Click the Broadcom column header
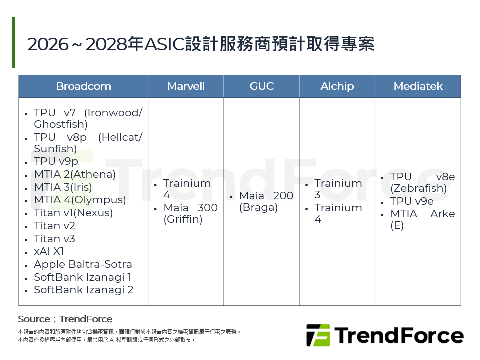(x=83, y=86)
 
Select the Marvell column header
(x=186, y=86)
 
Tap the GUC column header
(x=261, y=86)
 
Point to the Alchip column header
(x=337, y=86)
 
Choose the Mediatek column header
(x=418, y=86)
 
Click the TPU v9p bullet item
(x=56, y=161)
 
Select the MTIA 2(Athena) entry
(x=75, y=174)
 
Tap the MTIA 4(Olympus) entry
(x=80, y=200)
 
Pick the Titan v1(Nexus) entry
(x=73, y=213)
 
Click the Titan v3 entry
(x=54, y=239)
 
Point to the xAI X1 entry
(x=49, y=251)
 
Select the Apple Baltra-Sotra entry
(x=83, y=264)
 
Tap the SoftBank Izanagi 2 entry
(x=83, y=290)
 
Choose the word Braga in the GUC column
(x=258, y=207)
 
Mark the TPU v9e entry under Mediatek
(x=412, y=201)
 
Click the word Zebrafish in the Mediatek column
(x=418, y=188)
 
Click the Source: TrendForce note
(x=65, y=319)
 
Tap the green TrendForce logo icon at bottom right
(x=318, y=335)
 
